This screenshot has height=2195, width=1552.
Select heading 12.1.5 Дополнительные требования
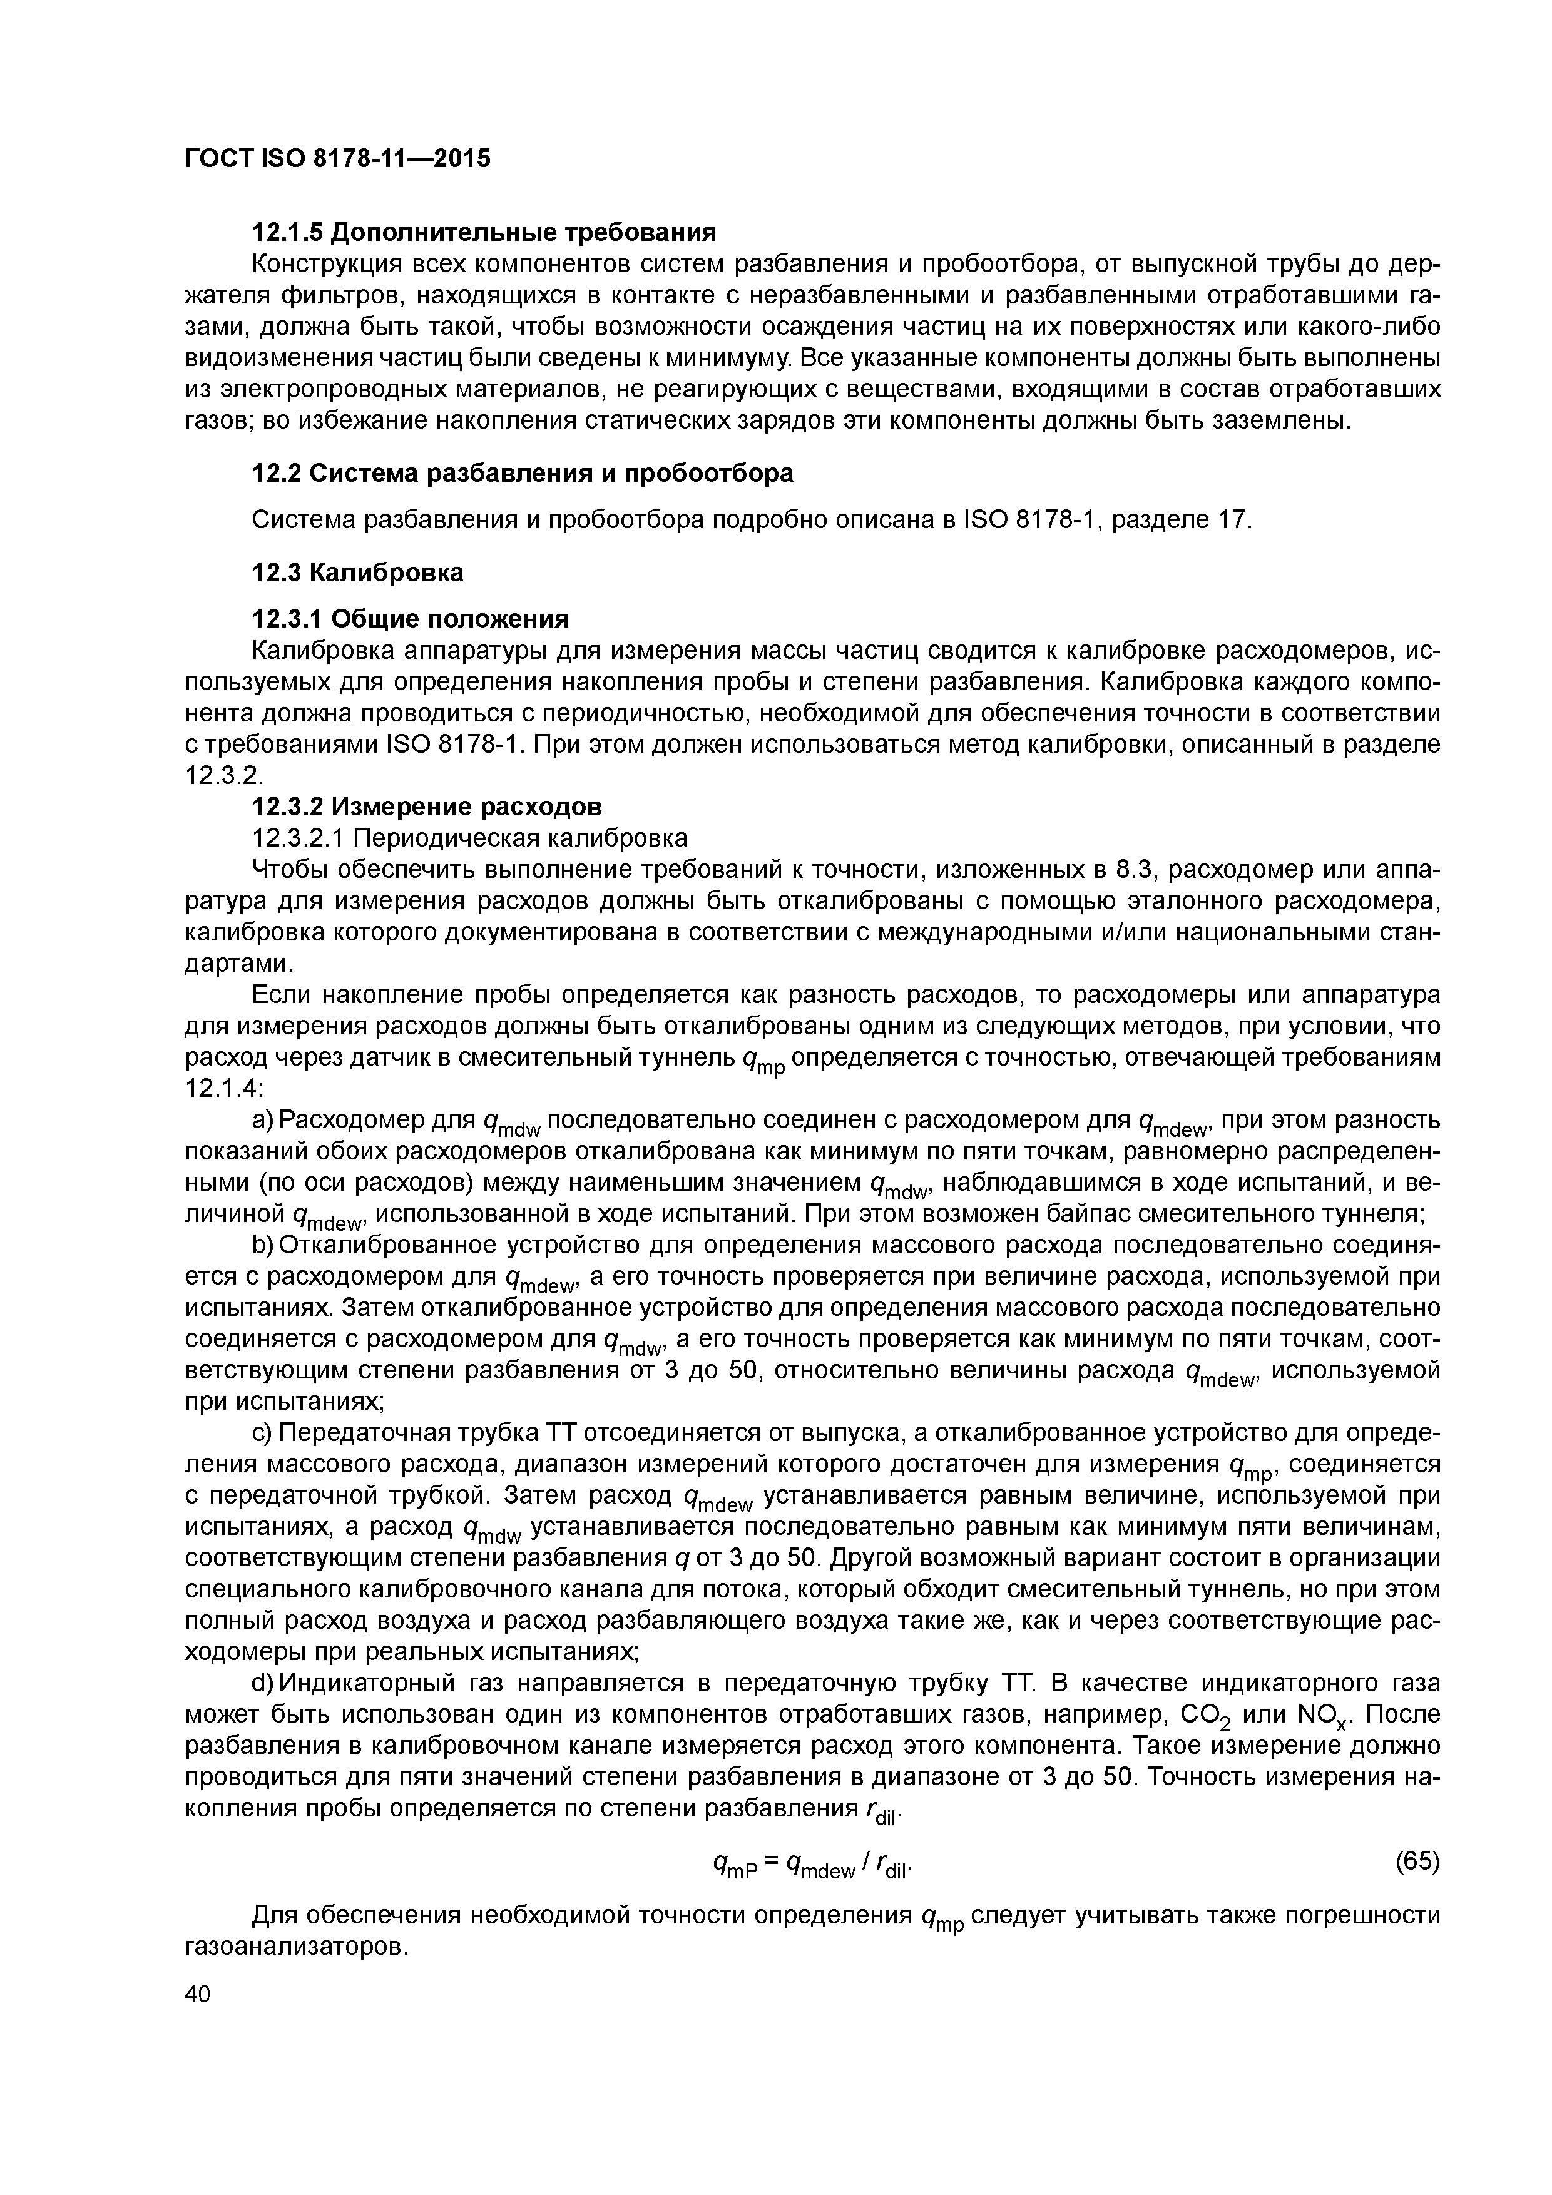tap(483, 232)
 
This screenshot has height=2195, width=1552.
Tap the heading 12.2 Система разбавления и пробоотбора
tap(522, 473)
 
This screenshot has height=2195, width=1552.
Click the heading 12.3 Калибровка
tap(357, 573)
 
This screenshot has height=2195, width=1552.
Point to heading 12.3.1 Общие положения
tap(411, 619)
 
